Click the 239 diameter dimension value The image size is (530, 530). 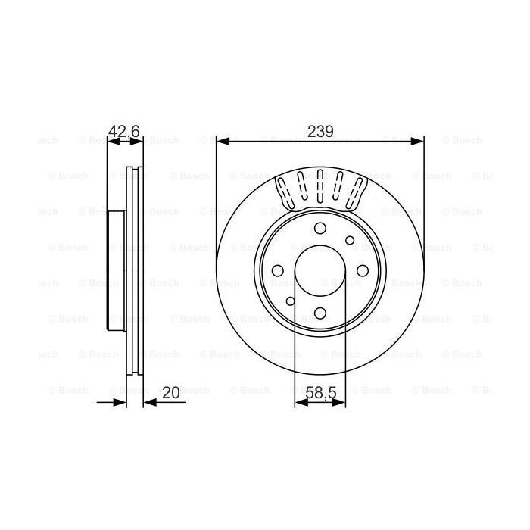[x=320, y=131]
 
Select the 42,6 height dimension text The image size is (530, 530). [x=124, y=131]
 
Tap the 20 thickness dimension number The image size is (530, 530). [x=171, y=392]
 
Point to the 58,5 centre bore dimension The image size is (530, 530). [x=320, y=392]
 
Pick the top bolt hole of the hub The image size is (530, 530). [x=320, y=229]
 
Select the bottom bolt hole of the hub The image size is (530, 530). [x=320, y=312]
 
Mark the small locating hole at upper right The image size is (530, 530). [x=349, y=241]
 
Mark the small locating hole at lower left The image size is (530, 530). [x=290, y=301]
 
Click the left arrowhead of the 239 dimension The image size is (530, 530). [x=221, y=141]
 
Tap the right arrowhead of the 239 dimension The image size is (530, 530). [x=419, y=141]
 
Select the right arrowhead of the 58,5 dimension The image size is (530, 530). [x=340, y=402]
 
